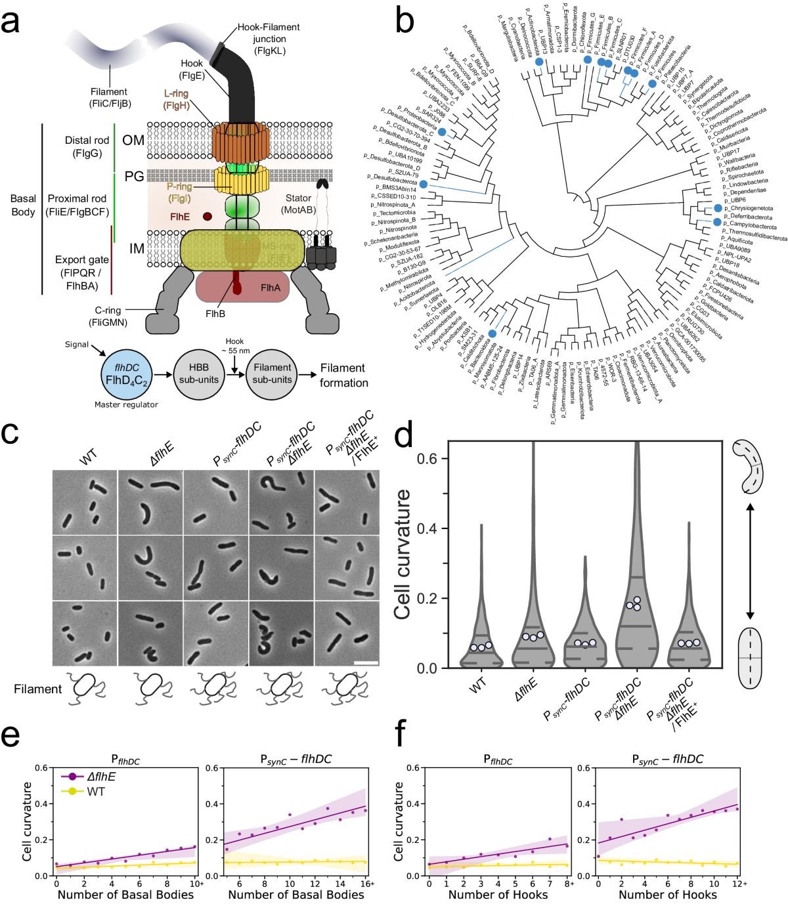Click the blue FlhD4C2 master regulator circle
127,375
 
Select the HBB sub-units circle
199,374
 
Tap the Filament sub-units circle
272,374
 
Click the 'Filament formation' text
343,375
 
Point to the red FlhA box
243,285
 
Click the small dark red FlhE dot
208,216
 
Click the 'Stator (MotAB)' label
298,204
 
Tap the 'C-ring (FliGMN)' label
108,316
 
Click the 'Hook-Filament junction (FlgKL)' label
269,39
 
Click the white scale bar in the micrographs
366,662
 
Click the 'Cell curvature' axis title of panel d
402,554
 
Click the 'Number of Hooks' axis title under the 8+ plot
498,895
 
